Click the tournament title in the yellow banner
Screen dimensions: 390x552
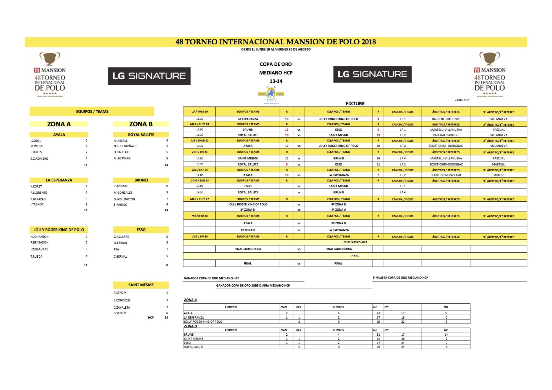point(276,42)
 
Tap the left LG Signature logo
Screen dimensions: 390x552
point(149,76)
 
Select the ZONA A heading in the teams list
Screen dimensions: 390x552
point(59,124)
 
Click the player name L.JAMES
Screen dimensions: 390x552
point(36,152)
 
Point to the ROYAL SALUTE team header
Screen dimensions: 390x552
point(141,135)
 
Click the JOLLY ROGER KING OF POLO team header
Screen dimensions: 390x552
point(59,230)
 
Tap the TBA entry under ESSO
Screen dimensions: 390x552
point(116,249)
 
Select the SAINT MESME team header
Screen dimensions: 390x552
point(141,285)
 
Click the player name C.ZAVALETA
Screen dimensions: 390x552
point(122,308)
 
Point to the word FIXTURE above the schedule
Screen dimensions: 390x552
point(355,104)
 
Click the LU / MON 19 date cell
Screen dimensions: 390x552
point(200,112)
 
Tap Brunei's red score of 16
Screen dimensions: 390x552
point(378,158)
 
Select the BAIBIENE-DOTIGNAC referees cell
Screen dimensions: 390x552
point(446,119)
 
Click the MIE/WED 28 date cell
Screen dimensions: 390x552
point(200,216)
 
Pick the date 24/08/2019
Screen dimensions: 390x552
point(462,100)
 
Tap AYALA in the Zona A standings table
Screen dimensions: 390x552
point(189,313)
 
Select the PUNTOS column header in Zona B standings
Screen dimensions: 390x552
point(338,330)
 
